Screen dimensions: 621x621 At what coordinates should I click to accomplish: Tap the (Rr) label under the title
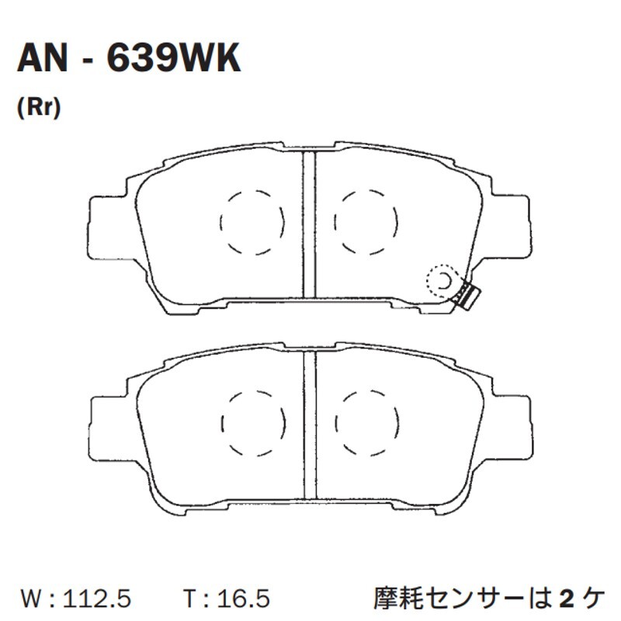pos(39,107)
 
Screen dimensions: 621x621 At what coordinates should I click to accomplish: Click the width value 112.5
pos(97,598)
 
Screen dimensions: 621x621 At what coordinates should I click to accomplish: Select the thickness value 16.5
pos(243,598)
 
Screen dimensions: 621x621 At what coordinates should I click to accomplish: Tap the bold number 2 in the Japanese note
pos(567,598)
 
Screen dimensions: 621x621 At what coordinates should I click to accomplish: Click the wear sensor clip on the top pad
pos(467,294)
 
